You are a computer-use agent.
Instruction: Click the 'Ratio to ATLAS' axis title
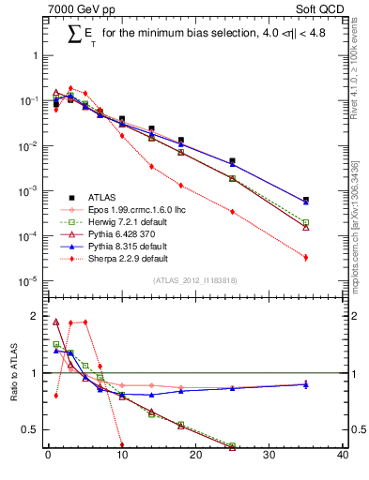(12, 370)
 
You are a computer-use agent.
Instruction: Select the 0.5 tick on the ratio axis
(32, 430)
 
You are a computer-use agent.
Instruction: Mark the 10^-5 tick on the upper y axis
(28, 280)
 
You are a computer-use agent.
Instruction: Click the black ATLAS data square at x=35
(306, 200)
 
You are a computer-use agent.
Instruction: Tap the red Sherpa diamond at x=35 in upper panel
(306, 257)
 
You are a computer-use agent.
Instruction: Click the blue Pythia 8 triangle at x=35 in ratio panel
(306, 384)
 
